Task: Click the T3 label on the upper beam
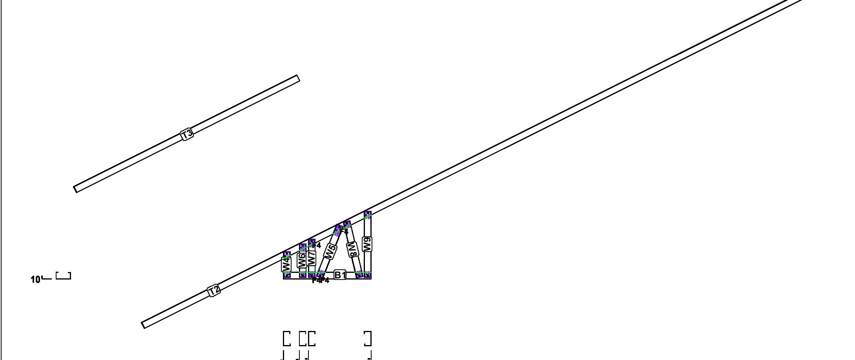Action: point(187,134)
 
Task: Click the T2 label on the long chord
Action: point(213,291)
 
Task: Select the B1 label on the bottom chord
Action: point(340,275)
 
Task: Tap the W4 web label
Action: point(286,264)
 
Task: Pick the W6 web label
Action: point(302,261)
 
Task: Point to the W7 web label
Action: point(311,258)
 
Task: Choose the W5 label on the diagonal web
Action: point(330,252)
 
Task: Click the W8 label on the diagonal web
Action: point(353,249)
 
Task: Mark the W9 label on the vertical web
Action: point(367,244)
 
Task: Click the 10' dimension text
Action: point(36,280)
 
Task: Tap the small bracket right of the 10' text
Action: point(63,276)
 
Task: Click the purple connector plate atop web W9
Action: point(368,214)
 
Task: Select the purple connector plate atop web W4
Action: point(287,255)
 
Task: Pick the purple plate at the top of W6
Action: point(303,247)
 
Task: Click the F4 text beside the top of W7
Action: point(317,246)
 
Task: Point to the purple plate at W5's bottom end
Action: point(321,274)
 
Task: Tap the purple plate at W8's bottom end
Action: point(359,274)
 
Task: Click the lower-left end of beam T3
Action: point(75,189)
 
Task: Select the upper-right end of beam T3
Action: point(298,79)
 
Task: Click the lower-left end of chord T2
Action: point(143,325)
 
